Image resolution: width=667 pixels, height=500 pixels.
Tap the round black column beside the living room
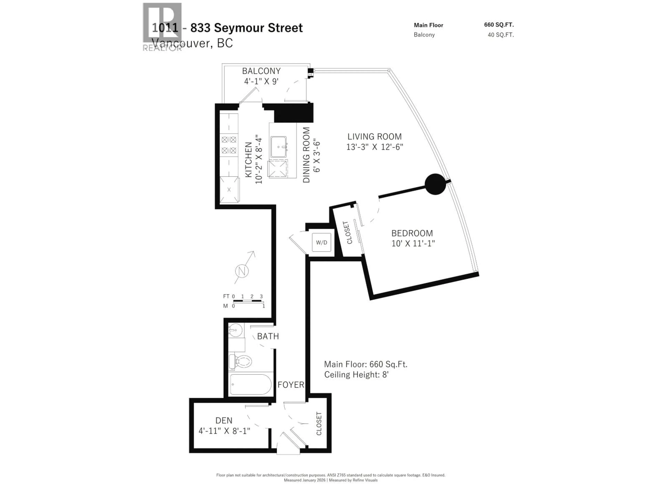click(x=435, y=184)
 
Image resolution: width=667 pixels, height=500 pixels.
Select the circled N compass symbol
click(x=242, y=271)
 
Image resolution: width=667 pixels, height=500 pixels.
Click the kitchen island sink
click(x=278, y=147)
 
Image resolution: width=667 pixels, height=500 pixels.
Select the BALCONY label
click(x=261, y=71)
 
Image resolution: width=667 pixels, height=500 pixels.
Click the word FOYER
click(x=291, y=385)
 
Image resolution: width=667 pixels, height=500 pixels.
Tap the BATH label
click(x=268, y=336)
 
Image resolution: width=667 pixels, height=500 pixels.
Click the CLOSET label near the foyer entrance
click(x=319, y=423)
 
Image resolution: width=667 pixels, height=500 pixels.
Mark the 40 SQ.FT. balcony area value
click(x=501, y=35)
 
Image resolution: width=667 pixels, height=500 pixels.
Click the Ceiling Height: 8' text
click(x=356, y=375)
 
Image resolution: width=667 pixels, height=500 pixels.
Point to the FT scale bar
click(x=247, y=301)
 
